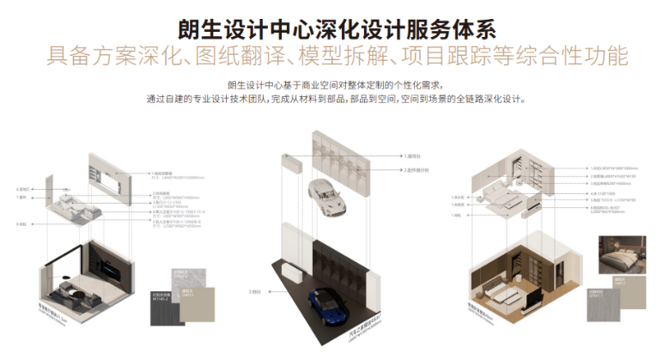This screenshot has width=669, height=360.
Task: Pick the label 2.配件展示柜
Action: pyautogui.click(x=420, y=170)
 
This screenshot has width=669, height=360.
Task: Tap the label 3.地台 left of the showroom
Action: pyautogui.click(x=255, y=292)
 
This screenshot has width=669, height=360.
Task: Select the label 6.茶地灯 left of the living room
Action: pyautogui.click(x=23, y=188)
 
